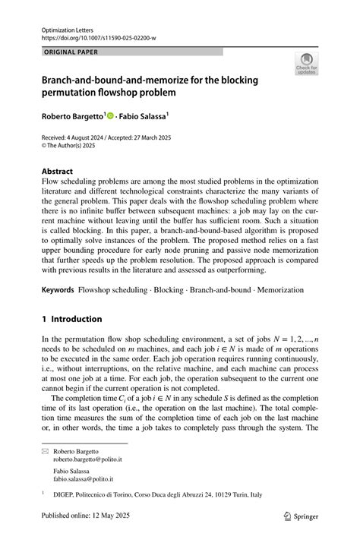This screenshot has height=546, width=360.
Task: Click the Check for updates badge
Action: [306, 63]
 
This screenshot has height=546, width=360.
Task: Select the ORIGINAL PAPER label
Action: [73, 52]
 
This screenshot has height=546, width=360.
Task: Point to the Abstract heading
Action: [58, 172]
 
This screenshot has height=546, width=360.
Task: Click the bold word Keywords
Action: [58, 290]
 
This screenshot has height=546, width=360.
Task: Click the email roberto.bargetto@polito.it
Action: [88, 459]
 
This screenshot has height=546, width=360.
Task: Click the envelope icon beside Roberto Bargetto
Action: [45, 451]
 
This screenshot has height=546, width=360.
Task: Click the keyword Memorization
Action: [278, 290]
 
